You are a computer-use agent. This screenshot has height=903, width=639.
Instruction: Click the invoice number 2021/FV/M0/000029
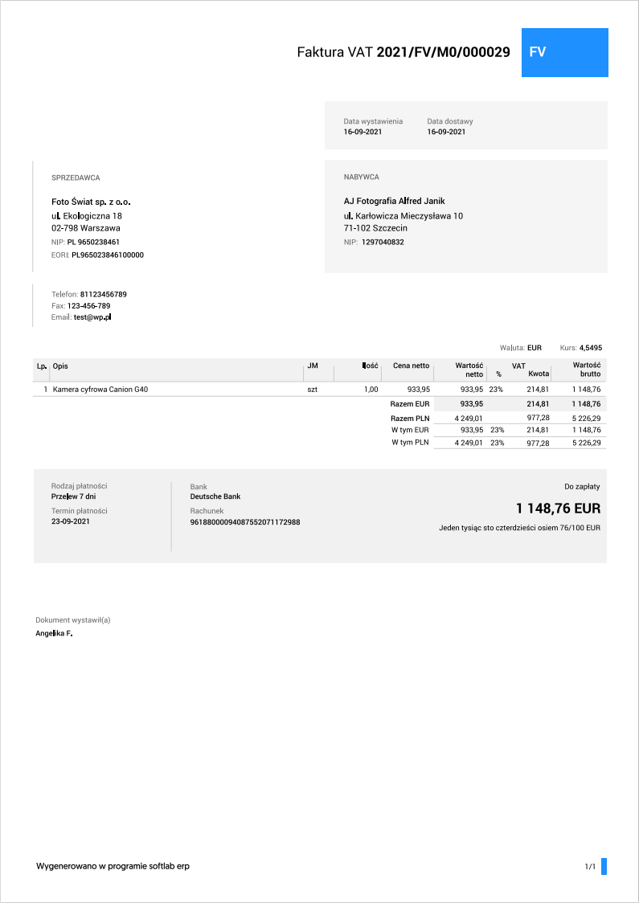[443, 52]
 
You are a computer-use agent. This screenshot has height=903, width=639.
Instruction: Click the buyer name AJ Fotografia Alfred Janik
[394, 201]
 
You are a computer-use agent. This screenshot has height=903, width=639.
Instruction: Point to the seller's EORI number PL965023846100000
[108, 255]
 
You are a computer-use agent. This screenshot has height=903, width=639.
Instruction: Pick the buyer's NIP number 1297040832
[383, 242]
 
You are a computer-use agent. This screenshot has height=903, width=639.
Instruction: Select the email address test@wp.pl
[92, 317]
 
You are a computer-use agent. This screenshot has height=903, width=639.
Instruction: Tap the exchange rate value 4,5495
[591, 348]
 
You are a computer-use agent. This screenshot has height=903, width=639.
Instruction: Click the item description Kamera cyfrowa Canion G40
[100, 389]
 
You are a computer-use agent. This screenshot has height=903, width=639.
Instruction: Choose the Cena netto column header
[411, 366]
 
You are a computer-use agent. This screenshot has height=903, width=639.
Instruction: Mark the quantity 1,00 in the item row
[371, 389]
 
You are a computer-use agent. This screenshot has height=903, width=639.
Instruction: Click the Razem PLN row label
[410, 418]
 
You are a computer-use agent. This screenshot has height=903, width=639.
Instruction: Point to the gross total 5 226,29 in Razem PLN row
[586, 418]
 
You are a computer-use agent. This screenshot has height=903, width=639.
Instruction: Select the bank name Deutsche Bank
[215, 496]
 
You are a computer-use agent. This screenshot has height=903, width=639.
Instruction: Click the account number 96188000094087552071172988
[244, 522]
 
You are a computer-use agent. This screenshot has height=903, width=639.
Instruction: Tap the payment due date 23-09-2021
[71, 522]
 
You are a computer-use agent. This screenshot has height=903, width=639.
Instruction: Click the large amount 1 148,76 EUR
[558, 509]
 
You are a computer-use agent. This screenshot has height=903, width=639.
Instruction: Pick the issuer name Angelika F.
[54, 633]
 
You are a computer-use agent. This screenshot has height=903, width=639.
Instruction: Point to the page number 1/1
[590, 867]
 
